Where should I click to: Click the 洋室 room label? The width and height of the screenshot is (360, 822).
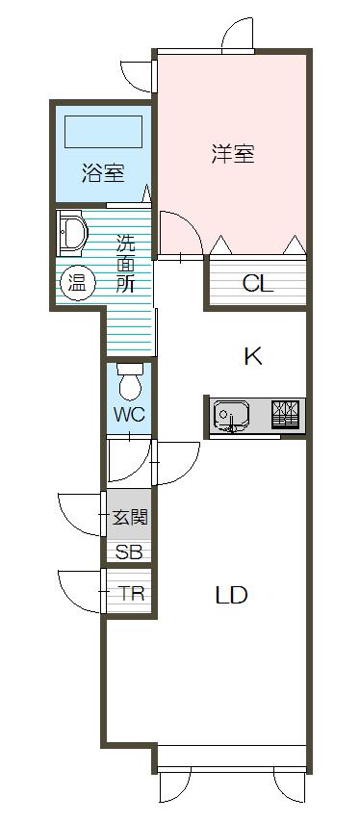point(233,154)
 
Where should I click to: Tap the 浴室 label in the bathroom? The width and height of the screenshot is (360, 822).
point(103,173)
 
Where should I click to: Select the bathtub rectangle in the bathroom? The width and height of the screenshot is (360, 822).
point(103,132)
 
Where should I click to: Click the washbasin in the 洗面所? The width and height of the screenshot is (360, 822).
point(72,233)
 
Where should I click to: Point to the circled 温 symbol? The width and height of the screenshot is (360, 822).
point(78,284)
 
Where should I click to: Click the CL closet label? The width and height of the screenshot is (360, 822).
point(257,284)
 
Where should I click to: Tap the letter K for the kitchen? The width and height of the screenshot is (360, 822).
point(252,357)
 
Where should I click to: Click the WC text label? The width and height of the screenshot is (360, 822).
point(129,415)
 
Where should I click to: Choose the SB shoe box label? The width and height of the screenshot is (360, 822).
point(129,552)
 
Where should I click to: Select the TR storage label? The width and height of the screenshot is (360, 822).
point(131,594)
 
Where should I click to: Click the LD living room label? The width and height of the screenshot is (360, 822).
point(231,595)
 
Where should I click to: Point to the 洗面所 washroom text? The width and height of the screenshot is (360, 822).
point(125,264)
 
